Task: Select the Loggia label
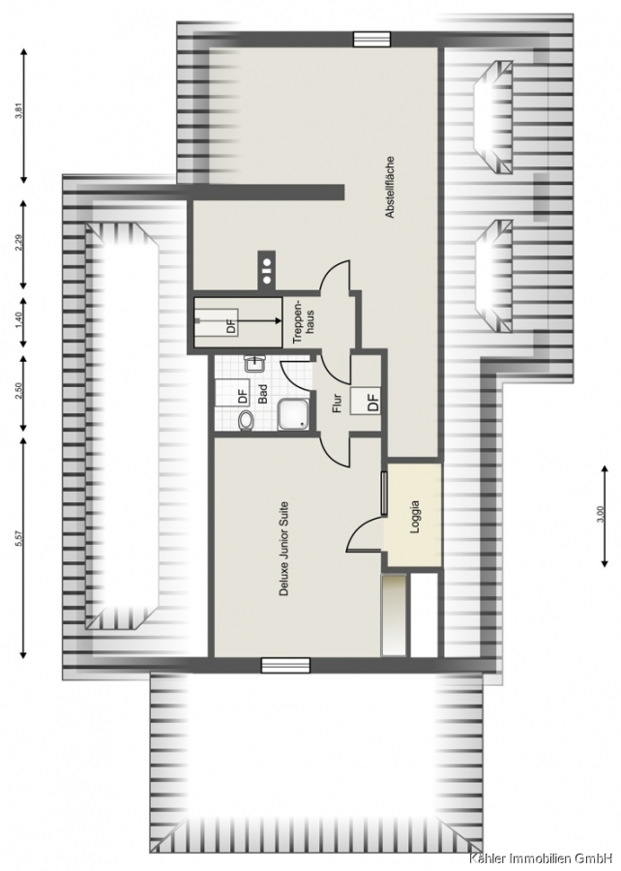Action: coord(415,518)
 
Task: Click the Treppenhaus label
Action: coord(302,321)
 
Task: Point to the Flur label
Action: coord(336,403)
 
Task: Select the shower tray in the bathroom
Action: coord(292,415)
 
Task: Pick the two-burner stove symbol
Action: coord(266,267)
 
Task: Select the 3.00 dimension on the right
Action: coord(597,516)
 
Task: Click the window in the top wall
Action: coord(371,39)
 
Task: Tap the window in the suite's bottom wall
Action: coord(285,664)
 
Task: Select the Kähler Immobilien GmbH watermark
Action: coord(544,859)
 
